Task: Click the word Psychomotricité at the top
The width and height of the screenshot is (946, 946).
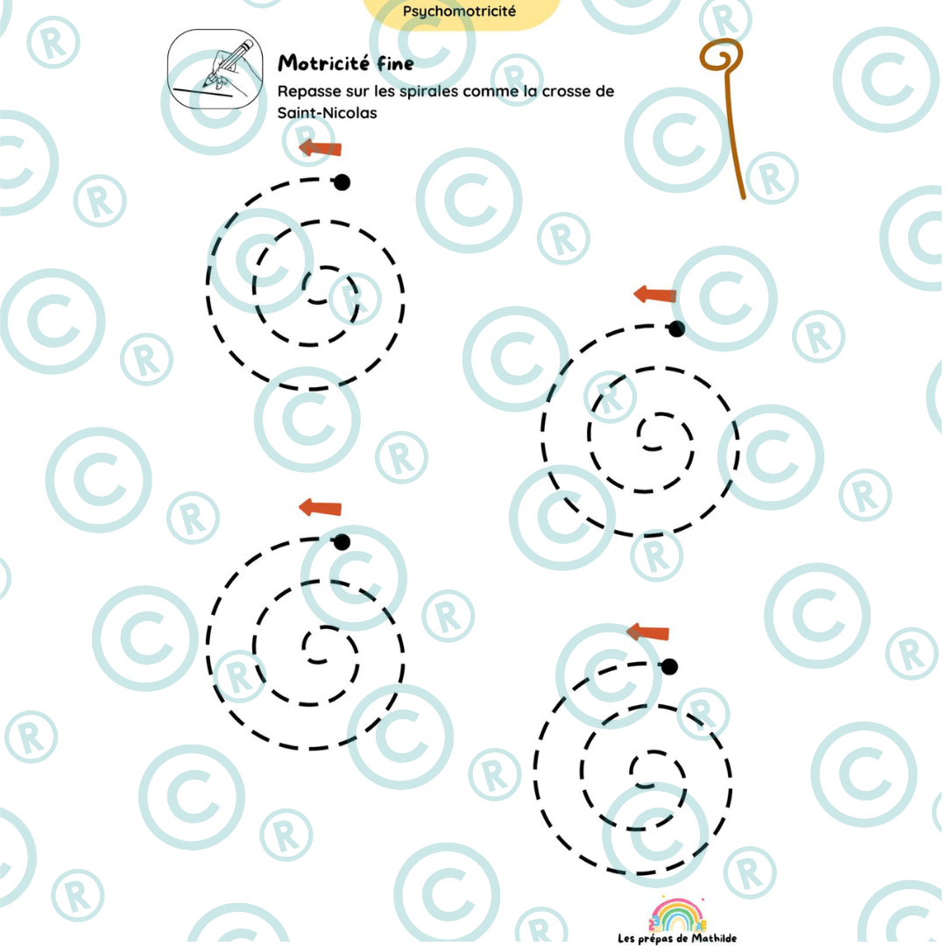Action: point(459,11)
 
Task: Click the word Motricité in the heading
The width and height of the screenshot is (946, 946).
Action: point(323,63)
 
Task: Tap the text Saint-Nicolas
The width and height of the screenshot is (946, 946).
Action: point(327,113)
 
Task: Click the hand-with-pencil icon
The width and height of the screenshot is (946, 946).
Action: point(215,69)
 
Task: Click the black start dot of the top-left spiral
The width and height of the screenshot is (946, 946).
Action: point(342,181)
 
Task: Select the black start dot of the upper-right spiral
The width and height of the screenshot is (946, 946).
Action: point(676,328)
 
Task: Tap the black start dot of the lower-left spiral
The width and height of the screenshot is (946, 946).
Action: point(342,542)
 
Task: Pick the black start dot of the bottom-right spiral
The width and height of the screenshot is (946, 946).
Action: point(669,667)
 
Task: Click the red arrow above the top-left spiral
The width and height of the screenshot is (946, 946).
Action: point(321,147)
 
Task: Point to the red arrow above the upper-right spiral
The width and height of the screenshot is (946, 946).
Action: point(654,294)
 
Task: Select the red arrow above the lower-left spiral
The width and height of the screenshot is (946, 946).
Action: point(321,507)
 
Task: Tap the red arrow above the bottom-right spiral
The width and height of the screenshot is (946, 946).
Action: point(648,632)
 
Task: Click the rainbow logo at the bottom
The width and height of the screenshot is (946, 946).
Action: point(677,915)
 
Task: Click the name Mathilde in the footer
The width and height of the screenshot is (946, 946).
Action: point(714,938)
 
